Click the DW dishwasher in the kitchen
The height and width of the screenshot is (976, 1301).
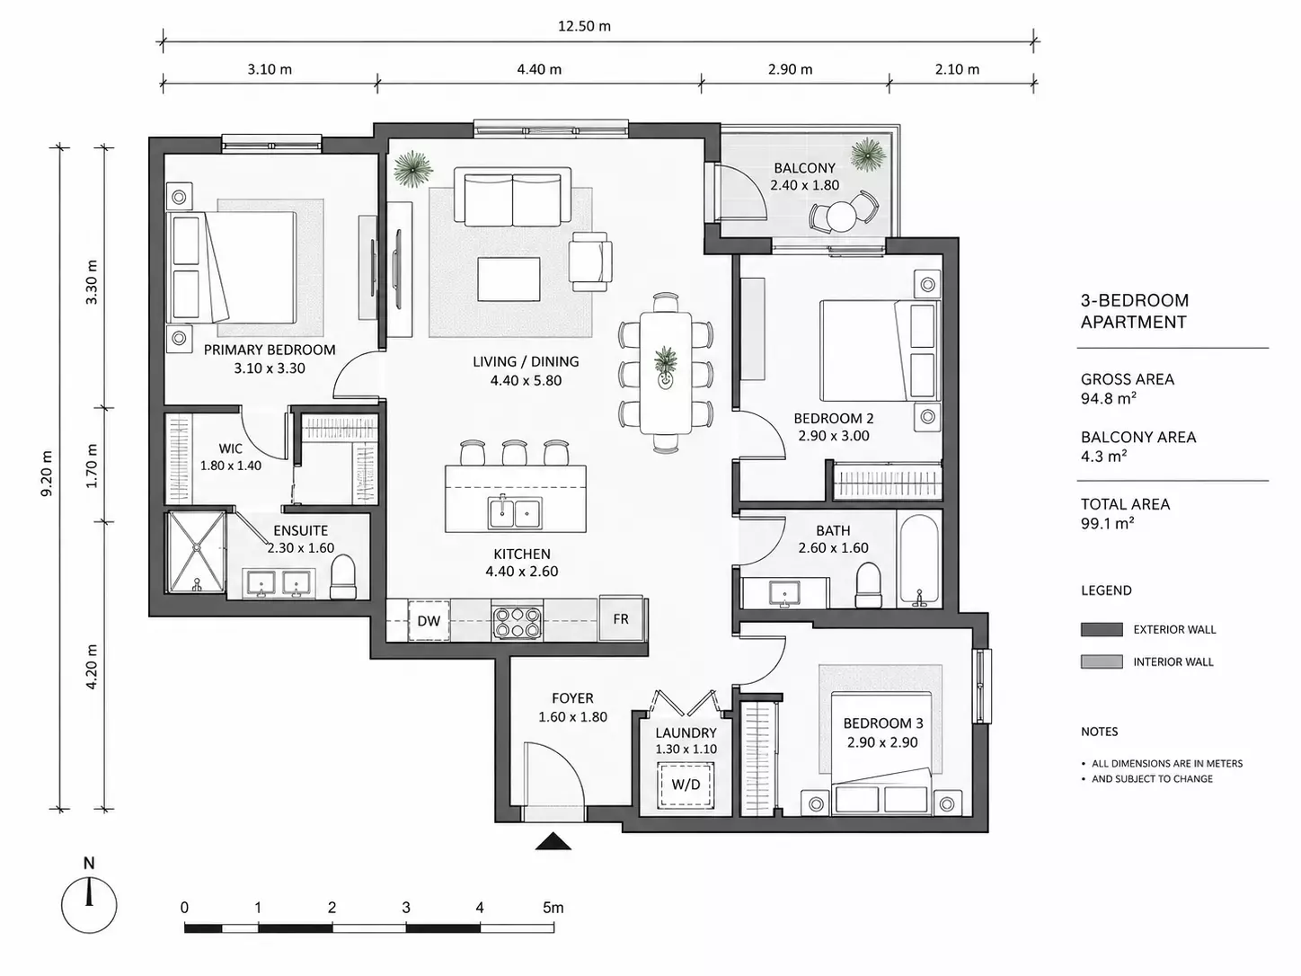click(x=429, y=620)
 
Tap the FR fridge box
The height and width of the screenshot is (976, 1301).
click(x=621, y=618)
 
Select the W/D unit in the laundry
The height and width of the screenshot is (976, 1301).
click(x=686, y=785)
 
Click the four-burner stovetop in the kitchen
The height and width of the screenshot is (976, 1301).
click(x=518, y=622)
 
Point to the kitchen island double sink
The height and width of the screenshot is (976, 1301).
click(x=515, y=512)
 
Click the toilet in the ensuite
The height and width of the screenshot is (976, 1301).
click(x=342, y=577)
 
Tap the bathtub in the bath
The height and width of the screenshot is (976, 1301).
click(x=919, y=560)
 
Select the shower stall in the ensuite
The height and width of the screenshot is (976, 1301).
click(x=196, y=552)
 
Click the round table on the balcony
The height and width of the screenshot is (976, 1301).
click(x=842, y=216)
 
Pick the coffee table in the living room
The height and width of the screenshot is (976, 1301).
click(x=509, y=279)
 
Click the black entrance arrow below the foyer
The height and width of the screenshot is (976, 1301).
click(x=553, y=841)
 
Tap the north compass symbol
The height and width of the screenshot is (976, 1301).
click(x=89, y=906)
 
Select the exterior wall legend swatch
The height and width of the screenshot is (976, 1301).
click(x=1102, y=629)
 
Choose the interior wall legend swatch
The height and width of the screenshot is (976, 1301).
click(x=1102, y=661)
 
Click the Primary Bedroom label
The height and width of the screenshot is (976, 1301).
click(x=270, y=350)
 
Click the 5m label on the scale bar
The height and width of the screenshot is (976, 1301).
click(x=553, y=908)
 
